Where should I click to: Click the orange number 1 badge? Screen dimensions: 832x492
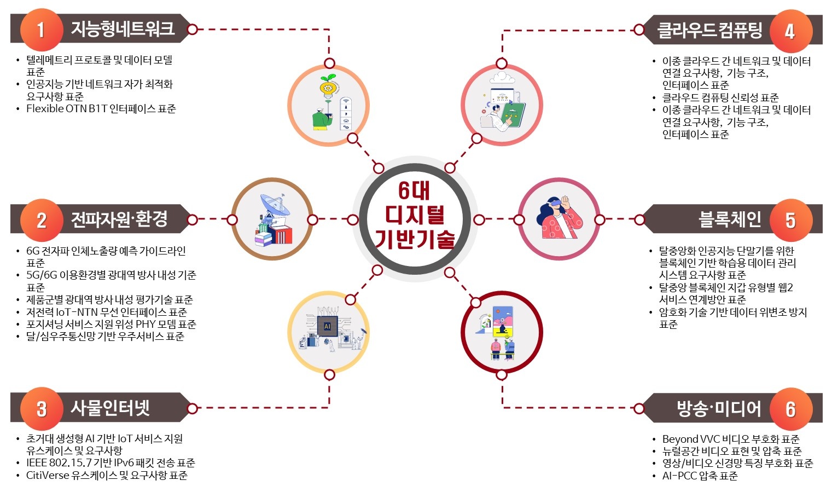40,30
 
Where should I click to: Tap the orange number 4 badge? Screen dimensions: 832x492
790,31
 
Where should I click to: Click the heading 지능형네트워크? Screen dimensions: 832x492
123,28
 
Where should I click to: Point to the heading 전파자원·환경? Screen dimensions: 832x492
119,219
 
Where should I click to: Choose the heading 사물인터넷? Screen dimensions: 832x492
110,408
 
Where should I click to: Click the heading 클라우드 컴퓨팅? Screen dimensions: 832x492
709,30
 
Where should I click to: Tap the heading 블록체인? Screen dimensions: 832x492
730,219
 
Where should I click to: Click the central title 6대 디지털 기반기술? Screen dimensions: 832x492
415,216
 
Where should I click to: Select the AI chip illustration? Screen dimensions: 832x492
328,326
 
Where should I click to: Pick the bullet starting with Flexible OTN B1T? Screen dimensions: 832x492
101,109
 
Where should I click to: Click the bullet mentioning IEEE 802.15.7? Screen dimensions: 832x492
110,463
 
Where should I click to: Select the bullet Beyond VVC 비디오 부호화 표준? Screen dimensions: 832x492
730,439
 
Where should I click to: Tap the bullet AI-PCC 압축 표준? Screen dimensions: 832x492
700,476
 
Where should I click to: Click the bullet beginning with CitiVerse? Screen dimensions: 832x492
107,476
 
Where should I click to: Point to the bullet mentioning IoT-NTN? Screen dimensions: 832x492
106,312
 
